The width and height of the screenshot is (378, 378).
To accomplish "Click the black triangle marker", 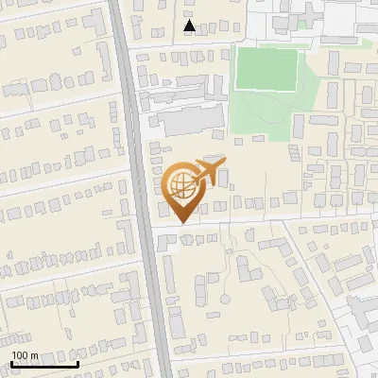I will click(190, 26).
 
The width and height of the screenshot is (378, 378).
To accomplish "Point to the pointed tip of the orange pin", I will click(180, 224).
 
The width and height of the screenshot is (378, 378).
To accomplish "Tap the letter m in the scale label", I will click(34, 355).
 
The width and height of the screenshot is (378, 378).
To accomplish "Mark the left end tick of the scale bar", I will click(11, 364).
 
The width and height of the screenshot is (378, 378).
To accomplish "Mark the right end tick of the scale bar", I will click(77, 364).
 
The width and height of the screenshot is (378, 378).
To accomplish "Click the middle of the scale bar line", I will click(43, 365).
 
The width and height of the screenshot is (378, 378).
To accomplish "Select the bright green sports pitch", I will click(268, 69).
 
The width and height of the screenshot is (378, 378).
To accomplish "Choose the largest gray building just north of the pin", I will click(188, 121).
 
